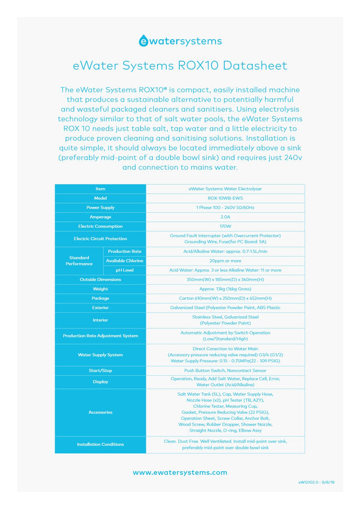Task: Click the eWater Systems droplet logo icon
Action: [x=144, y=41]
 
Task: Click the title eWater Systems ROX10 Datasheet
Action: [x=180, y=65]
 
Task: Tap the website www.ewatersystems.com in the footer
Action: [x=180, y=472]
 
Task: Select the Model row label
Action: [x=100, y=198]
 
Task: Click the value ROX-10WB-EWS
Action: [x=225, y=198]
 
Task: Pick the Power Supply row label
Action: [x=100, y=207]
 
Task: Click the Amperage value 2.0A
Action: [x=225, y=217]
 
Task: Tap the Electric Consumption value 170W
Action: [x=225, y=226]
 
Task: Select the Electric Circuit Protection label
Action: [x=100, y=239]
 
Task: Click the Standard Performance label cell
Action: [x=79, y=261]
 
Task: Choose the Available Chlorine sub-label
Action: [x=125, y=261]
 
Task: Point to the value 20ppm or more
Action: [x=225, y=261]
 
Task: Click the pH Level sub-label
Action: [x=125, y=270]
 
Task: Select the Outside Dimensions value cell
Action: [x=225, y=279]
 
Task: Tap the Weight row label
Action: [x=100, y=289]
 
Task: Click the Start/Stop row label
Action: [x=100, y=371]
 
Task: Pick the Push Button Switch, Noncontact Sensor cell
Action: [x=225, y=371]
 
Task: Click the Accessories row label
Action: [x=100, y=412]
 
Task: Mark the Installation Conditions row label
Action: [x=100, y=444]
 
